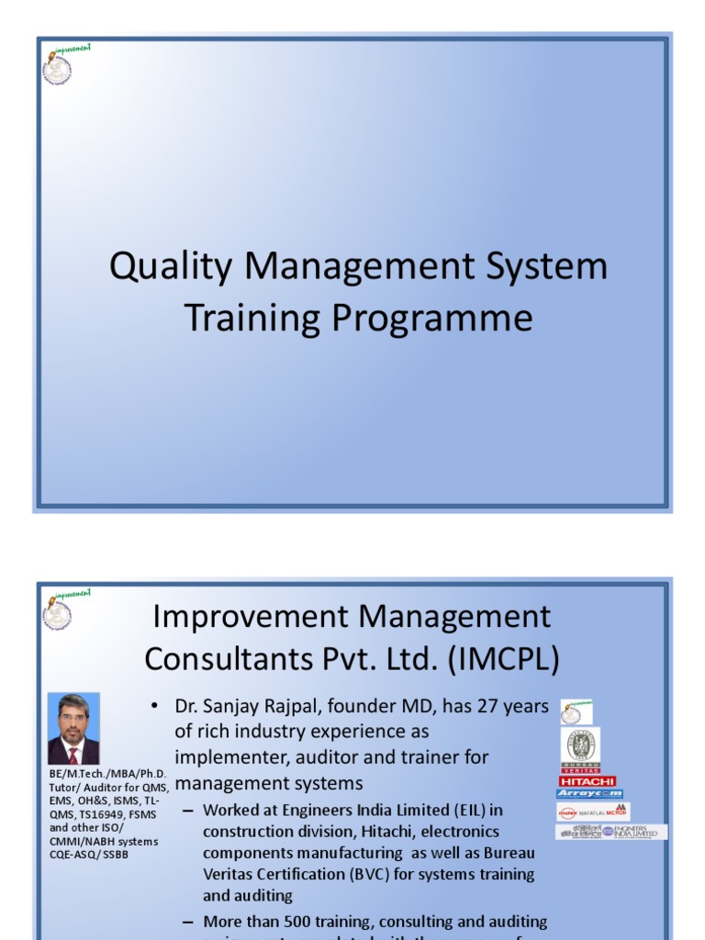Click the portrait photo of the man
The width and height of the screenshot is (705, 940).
coord(73,729)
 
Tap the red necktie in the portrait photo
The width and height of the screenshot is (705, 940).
coord(73,755)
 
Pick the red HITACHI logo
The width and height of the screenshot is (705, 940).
coord(587,781)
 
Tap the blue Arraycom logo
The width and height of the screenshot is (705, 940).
coord(589,794)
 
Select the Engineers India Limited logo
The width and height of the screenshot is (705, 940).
coord(610,832)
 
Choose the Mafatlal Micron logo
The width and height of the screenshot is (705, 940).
coord(592,811)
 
